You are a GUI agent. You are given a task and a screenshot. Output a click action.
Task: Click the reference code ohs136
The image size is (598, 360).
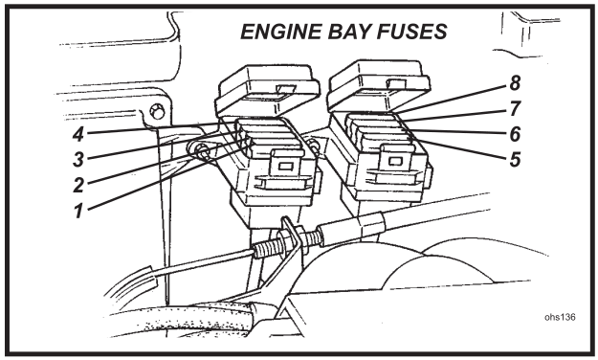[x=554, y=313]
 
